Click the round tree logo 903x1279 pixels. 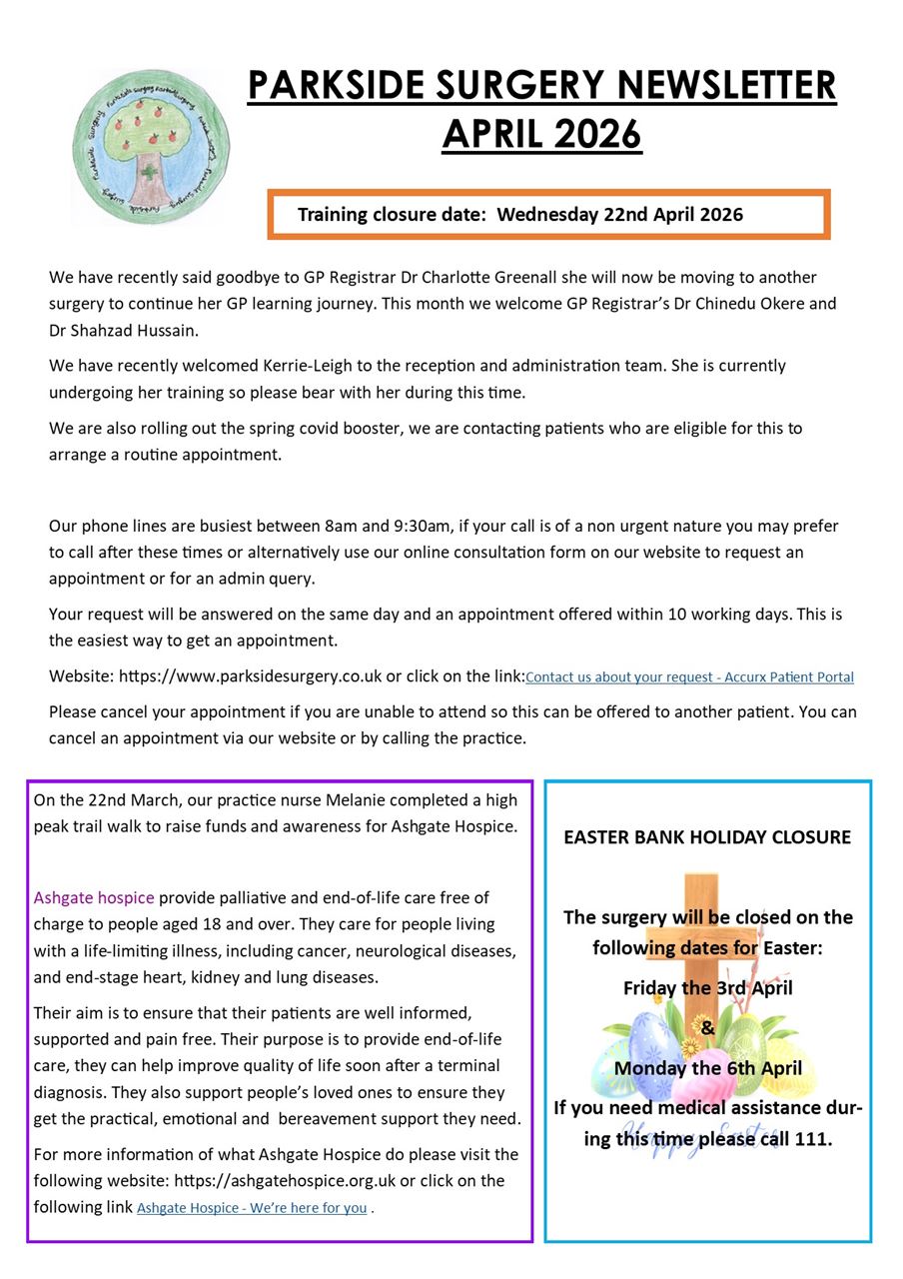pos(151,147)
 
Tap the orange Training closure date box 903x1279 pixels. pos(548,214)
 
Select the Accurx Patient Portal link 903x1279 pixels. pos(689,677)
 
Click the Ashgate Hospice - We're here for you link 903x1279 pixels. pos(252,1208)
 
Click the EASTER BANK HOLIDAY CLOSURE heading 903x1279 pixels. pos(707,837)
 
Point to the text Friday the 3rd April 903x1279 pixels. pos(707,987)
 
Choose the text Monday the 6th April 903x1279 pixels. pos(707,1067)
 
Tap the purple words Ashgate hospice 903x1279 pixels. pos(94,897)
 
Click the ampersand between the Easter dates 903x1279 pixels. pos(707,1027)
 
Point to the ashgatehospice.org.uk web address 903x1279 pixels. pos(293,1181)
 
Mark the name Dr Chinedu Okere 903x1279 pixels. pos(724,304)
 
